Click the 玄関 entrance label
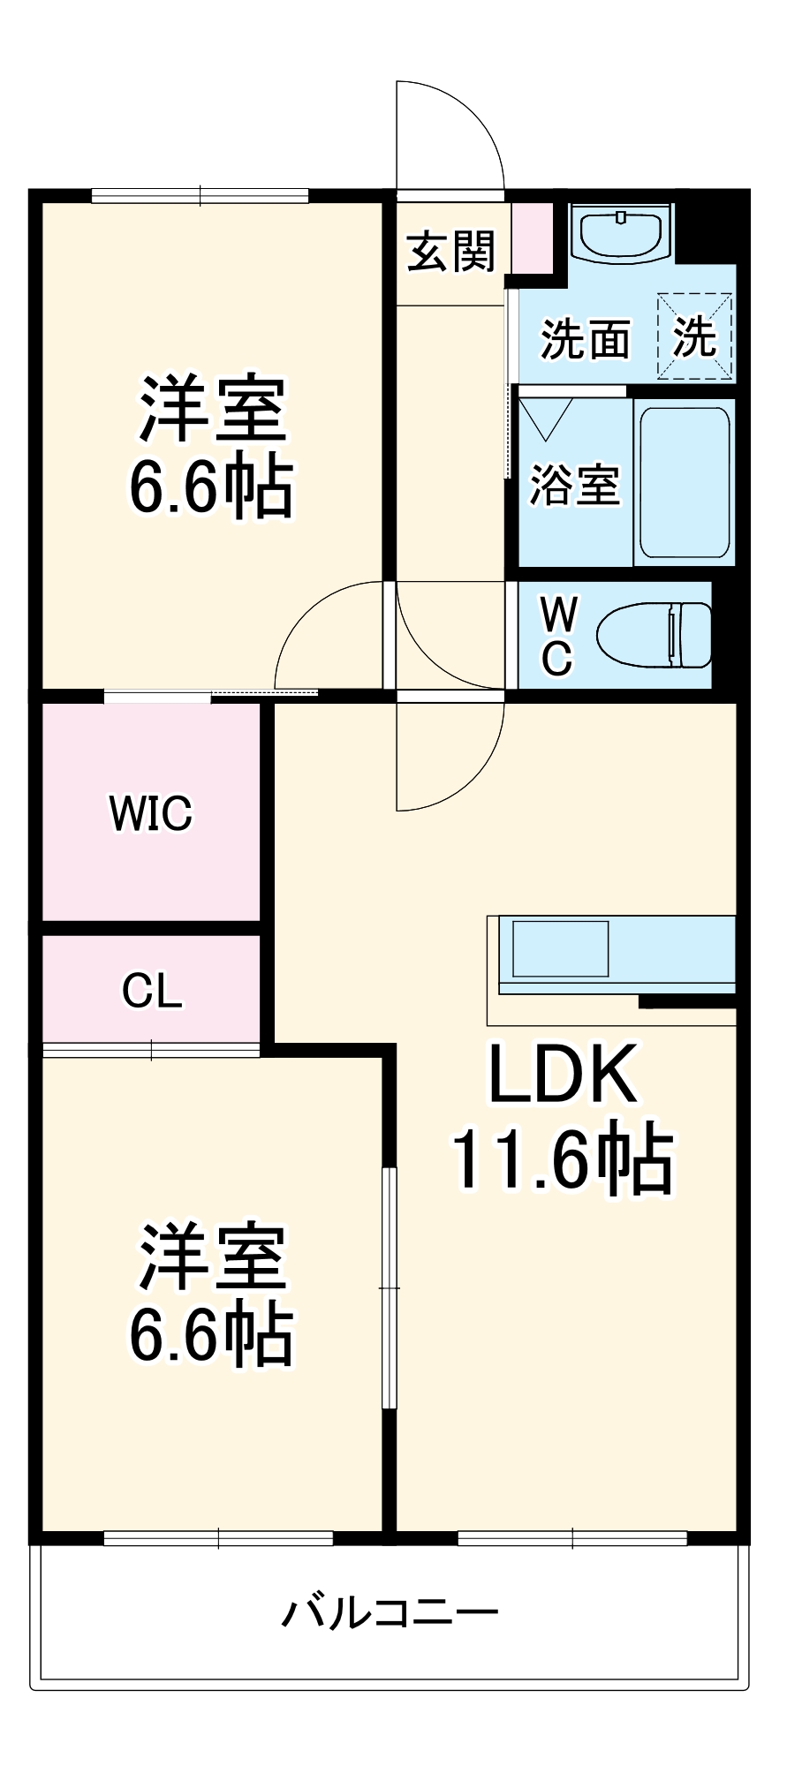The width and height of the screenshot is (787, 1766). pos(451,253)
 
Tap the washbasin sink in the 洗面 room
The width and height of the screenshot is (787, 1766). pos(622,233)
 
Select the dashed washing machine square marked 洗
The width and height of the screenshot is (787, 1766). pos(694,336)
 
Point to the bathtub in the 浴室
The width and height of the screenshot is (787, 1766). pos(685,481)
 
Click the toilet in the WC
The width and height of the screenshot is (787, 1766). pos(655,634)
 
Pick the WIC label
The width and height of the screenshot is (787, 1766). pos(151,813)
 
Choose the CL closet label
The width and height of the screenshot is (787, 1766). pos(152,991)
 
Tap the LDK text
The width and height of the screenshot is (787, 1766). pos(563,1075)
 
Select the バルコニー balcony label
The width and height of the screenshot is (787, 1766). pos(390,1613)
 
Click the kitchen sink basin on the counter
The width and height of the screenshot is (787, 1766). pos(560,948)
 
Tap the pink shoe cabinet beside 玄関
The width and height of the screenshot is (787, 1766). pos(533,238)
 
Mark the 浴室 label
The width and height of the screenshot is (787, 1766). pos(574,485)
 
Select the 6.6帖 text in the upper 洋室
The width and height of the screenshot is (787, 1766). pos(212,487)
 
